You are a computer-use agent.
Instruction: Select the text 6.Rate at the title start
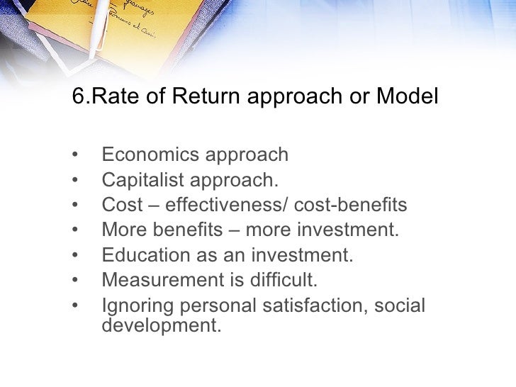[101, 96]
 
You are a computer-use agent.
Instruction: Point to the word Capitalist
[142, 180]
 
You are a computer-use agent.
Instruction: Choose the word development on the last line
[157, 327]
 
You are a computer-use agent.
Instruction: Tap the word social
[401, 307]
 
